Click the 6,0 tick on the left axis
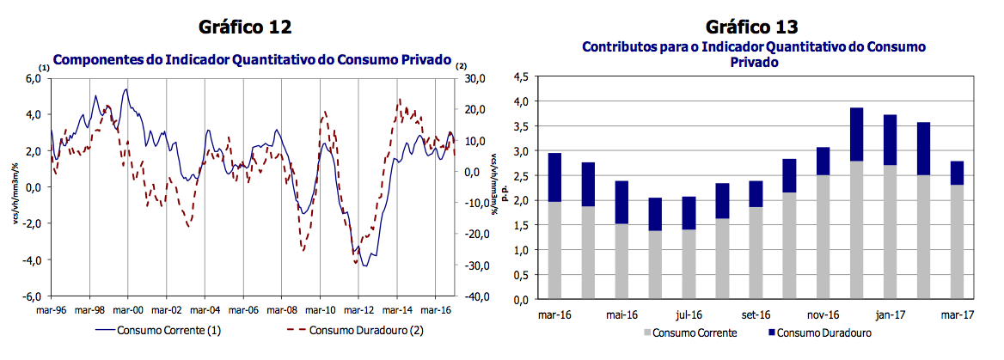(32, 78)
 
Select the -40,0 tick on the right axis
(475, 296)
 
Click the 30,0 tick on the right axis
(475, 78)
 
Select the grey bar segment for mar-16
(554, 251)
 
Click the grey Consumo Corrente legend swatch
(647, 333)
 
